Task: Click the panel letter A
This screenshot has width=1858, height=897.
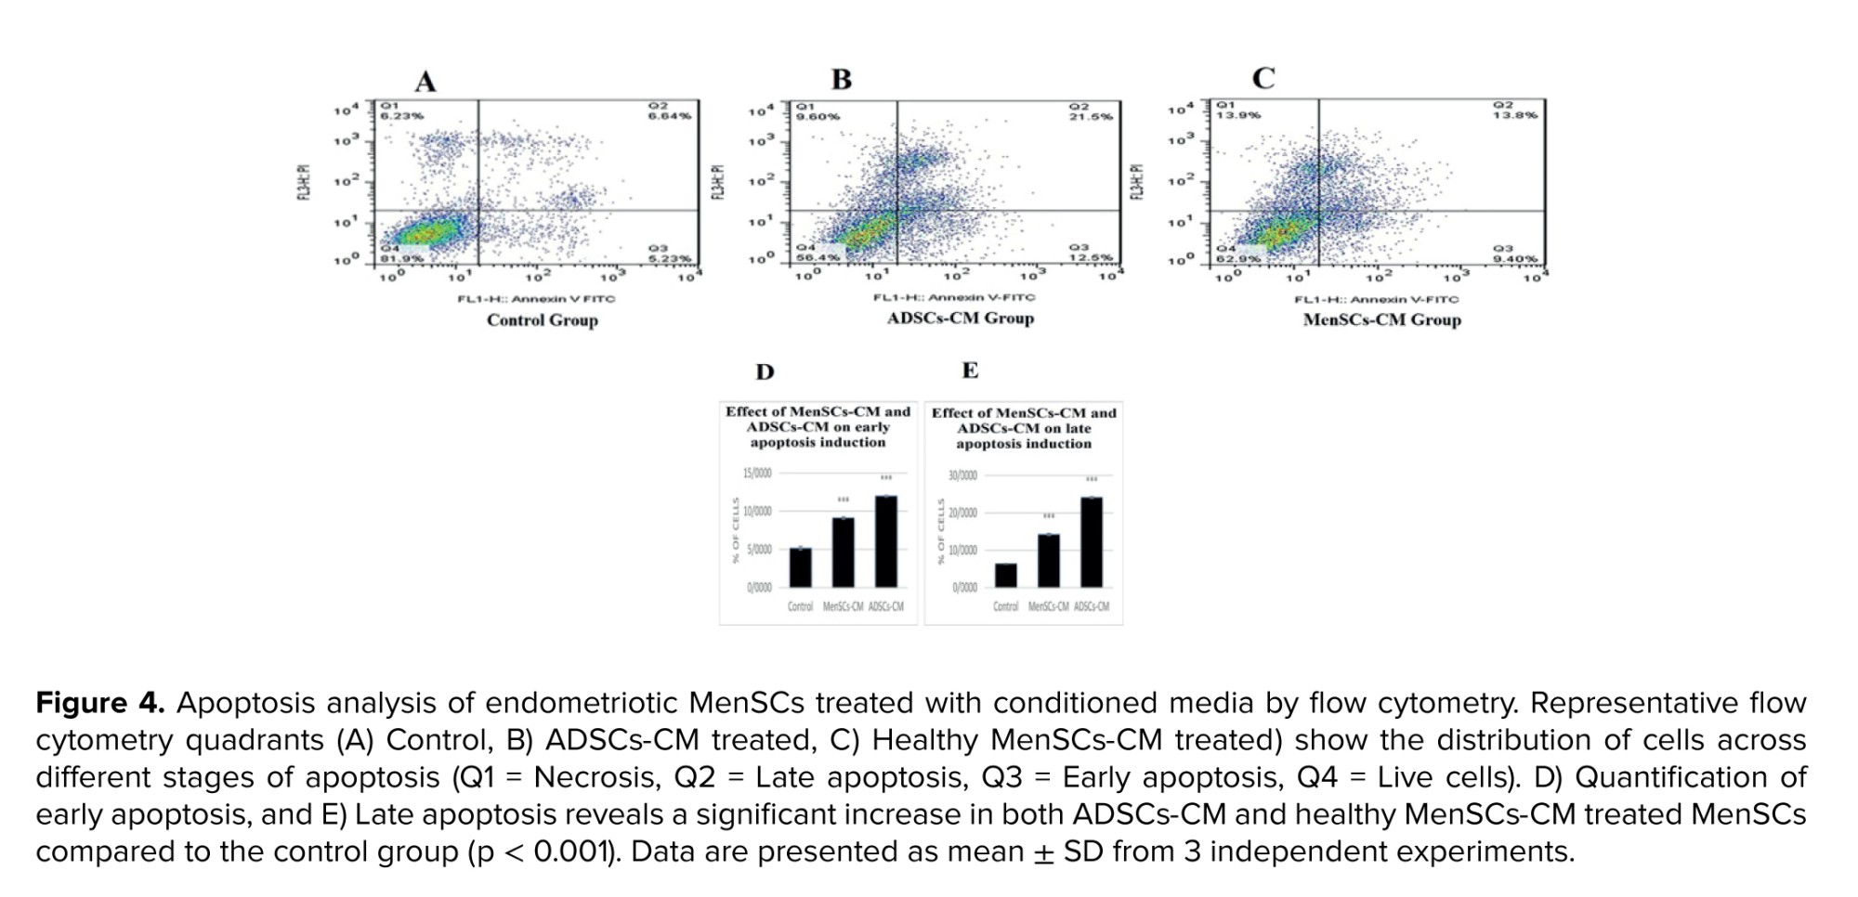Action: click(425, 82)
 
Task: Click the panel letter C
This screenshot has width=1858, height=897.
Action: click(1263, 78)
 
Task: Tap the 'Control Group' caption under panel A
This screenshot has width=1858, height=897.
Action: click(543, 320)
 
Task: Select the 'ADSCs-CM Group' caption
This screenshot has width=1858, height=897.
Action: click(960, 318)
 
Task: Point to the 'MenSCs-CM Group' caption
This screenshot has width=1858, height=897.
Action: click(1381, 320)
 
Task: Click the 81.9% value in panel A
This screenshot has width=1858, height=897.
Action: click(401, 259)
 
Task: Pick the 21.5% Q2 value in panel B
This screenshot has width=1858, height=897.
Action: click(1092, 116)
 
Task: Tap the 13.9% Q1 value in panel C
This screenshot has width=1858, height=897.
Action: click(1238, 115)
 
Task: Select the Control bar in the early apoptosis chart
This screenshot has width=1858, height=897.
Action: click(800, 567)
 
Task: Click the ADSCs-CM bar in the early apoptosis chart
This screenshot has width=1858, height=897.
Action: click(886, 541)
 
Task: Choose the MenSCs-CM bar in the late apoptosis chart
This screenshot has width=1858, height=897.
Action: click(1048, 560)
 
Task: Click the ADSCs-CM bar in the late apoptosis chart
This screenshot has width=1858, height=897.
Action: click(1092, 542)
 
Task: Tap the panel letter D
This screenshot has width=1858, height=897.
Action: click(765, 372)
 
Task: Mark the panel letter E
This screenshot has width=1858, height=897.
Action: click(970, 370)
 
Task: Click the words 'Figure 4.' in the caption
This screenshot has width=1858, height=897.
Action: click(99, 703)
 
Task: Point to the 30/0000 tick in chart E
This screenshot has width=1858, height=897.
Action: click(962, 475)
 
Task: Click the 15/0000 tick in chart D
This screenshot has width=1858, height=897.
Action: click(757, 474)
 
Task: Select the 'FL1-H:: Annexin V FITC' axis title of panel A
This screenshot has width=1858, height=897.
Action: click(536, 299)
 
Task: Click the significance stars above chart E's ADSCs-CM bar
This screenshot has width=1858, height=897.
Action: click(1092, 479)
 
